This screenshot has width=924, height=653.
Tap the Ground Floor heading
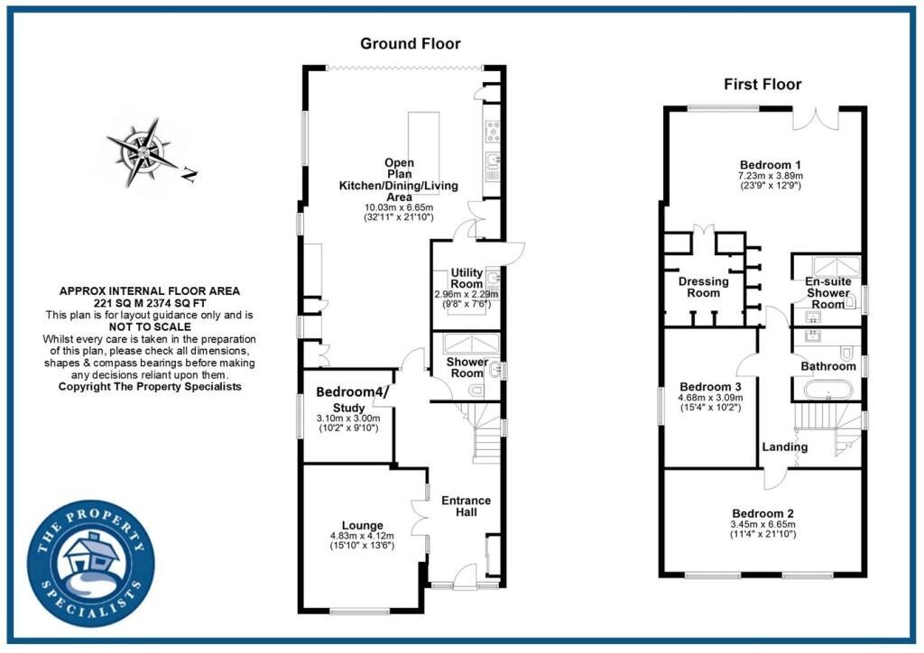[x=410, y=43]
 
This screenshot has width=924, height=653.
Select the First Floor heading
[x=762, y=85]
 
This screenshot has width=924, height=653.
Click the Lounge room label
[x=362, y=525]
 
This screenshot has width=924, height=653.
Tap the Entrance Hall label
[x=466, y=506]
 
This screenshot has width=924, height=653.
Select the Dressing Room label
[x=703, y=287]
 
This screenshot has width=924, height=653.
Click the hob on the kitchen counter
[x=494, y=132]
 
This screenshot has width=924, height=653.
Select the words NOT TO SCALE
[x=150, y=327]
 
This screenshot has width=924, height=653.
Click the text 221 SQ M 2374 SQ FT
[x=150, y=304]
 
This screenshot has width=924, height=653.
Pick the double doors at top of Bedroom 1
[x=817, y=119]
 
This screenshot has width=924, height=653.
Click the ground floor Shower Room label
[x=467, y=368]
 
